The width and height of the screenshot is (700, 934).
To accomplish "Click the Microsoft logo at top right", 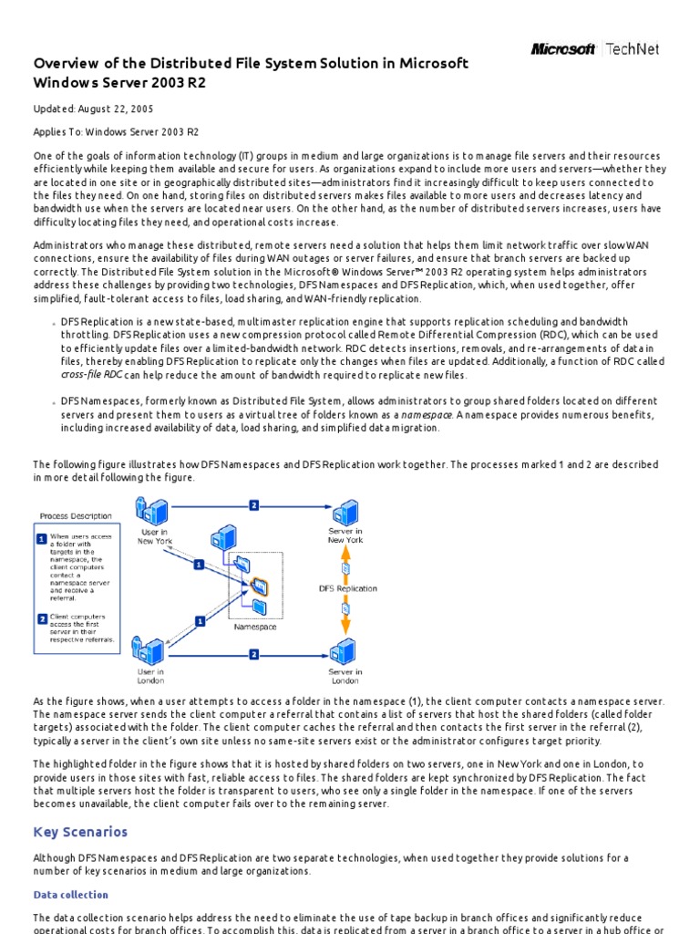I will point(563,49).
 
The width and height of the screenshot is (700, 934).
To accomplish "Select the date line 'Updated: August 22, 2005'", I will point(93,109).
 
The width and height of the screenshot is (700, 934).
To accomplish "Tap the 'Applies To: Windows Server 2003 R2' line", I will point(116,132).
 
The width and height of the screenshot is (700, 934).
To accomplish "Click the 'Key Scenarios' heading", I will point(80,832).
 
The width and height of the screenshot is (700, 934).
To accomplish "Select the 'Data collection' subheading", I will point(70,895).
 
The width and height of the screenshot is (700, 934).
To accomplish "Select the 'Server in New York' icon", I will point(345,512).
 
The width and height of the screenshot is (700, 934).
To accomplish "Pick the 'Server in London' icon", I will point(343,653).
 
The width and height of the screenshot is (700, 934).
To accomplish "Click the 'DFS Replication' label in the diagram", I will point(347,588).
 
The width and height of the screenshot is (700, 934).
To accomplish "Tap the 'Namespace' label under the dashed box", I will point(255,628).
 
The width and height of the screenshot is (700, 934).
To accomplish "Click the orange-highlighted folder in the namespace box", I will point(259,585).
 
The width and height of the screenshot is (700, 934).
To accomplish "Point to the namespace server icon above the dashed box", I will point(221,539).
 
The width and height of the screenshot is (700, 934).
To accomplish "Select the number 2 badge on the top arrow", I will point(253,504).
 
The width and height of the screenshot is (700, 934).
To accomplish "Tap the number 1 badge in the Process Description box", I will point(41,539).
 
